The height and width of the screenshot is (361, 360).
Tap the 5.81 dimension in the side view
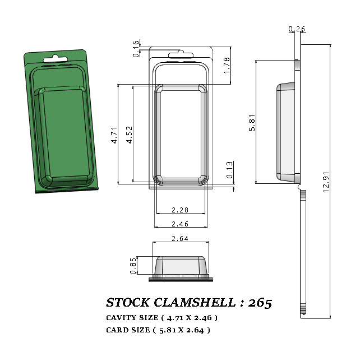point(252,122)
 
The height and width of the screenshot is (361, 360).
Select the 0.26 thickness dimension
point(297,29)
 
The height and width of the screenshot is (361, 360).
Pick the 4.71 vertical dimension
point(114,136)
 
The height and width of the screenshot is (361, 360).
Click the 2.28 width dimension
point(181,210)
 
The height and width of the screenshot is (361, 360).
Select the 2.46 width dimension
point(181,224)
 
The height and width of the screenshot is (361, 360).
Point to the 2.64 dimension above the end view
point(181,239)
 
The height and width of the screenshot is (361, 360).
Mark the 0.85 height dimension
point(133,266)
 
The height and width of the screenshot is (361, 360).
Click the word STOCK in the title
point(128,303)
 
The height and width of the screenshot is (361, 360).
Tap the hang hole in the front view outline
point(180,54)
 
